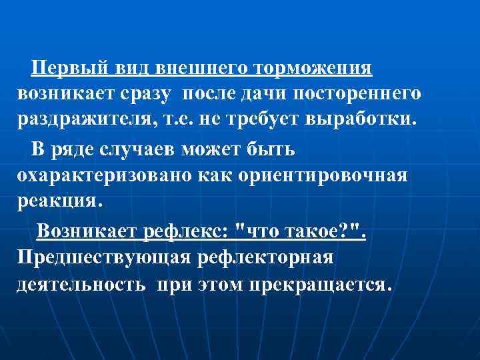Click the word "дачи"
tap(261, 94)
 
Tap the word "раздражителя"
tap(87, 119)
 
